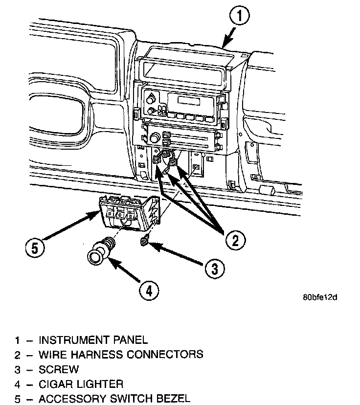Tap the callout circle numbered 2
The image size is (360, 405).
coord(236,239)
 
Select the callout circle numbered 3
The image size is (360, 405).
coord(213,268)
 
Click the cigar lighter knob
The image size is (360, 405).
coord(96,256)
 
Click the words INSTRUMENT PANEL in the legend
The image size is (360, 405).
coord(93,339)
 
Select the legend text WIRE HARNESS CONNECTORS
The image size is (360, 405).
coord(121,354)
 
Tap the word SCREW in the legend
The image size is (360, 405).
coord(58,369)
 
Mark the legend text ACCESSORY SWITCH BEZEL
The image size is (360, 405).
coord(114,399)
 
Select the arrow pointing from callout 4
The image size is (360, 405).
coord(122,271)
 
